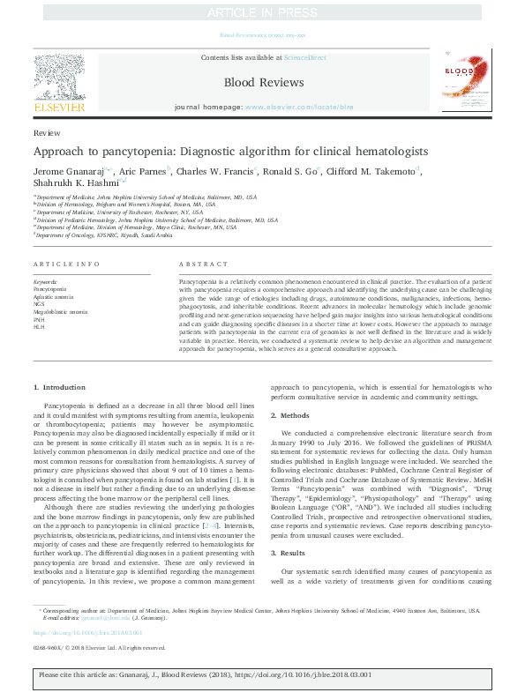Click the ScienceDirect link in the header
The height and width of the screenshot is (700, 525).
(304, 57)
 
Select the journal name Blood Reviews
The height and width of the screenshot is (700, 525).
(263, 82)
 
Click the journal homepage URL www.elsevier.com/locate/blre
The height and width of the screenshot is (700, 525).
(295, 106)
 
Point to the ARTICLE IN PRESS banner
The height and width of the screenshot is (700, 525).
(262, 12)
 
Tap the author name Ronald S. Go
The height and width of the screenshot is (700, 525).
(292, 170)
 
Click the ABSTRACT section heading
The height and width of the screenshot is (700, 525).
(198, 264)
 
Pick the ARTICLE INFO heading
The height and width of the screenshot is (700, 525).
(60, 264)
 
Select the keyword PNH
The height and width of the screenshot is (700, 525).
(40, 320)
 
